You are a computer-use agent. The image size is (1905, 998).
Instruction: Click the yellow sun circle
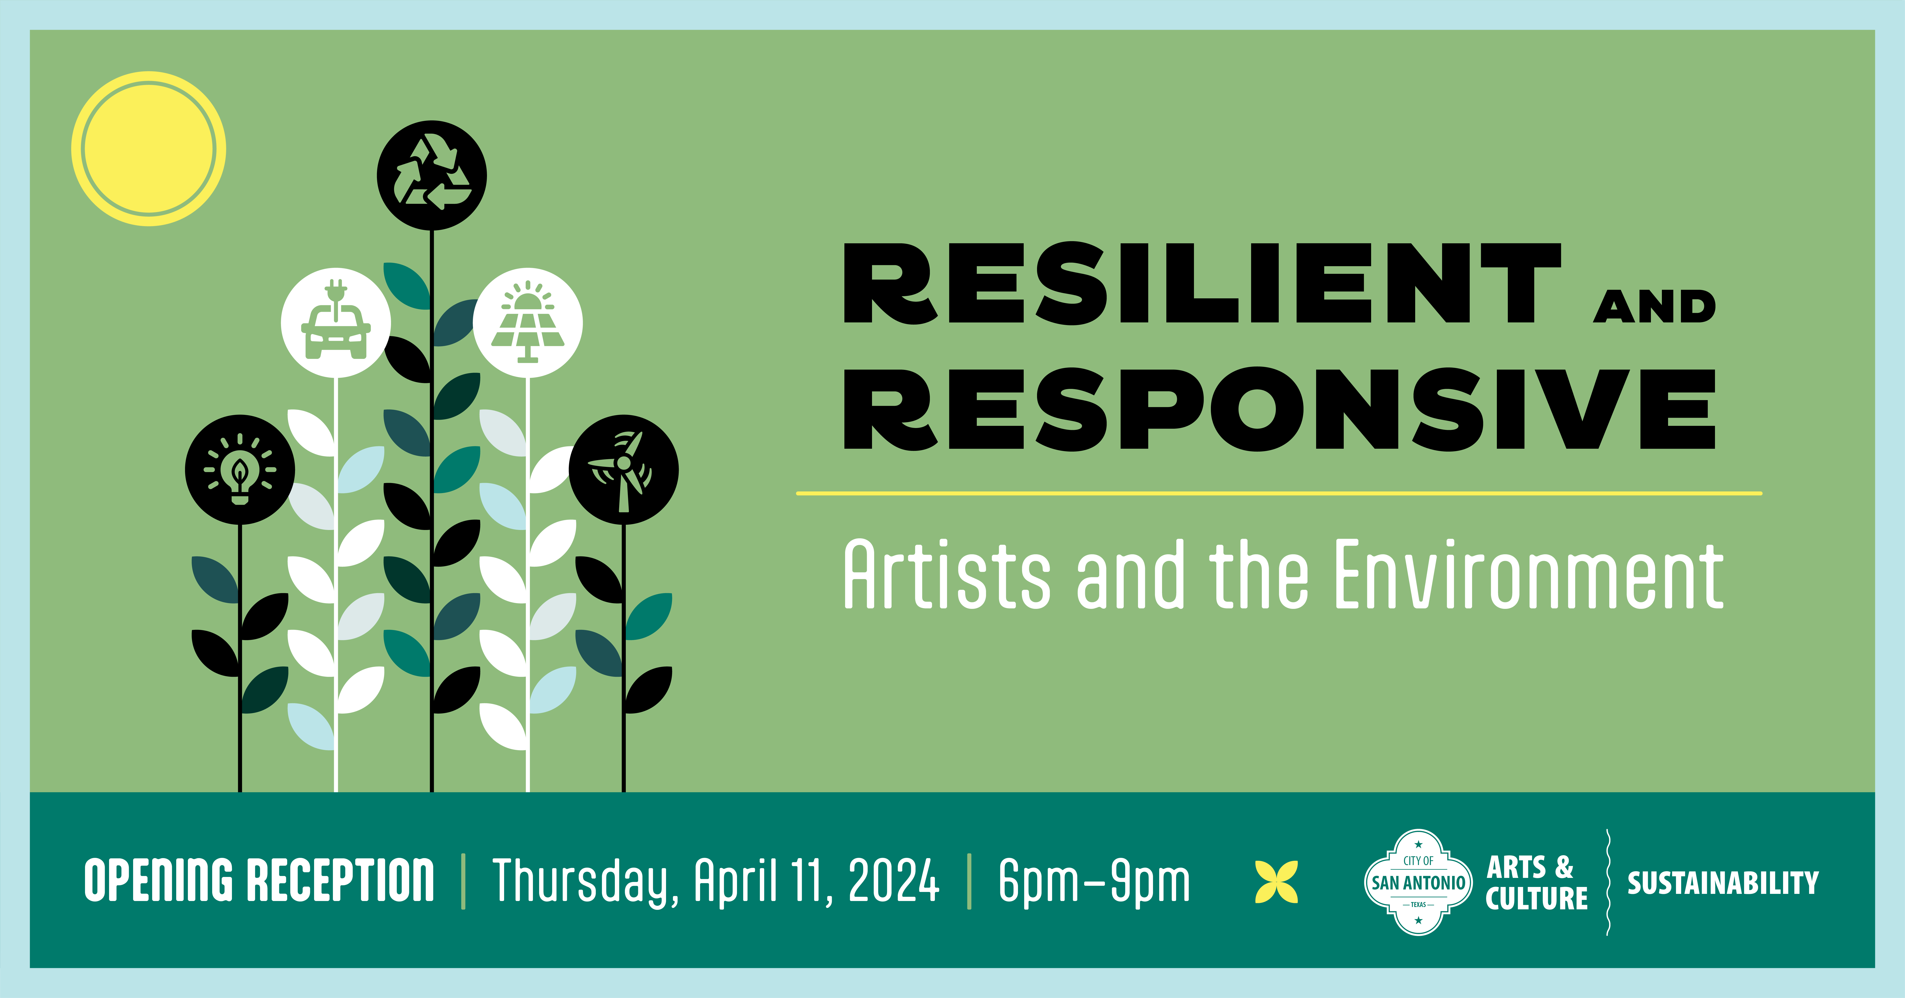point(149,149)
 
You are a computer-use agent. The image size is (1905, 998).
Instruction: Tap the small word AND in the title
point(1654,306)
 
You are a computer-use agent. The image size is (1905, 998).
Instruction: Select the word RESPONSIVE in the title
point(1279,409)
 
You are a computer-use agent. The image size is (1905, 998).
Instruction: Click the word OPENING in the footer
point(158,880)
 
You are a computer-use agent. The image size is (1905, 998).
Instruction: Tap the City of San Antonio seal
point(1418,882)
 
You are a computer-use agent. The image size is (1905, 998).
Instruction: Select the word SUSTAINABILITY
point(1722,883)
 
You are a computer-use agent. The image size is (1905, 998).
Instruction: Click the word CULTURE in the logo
point(1537,898)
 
